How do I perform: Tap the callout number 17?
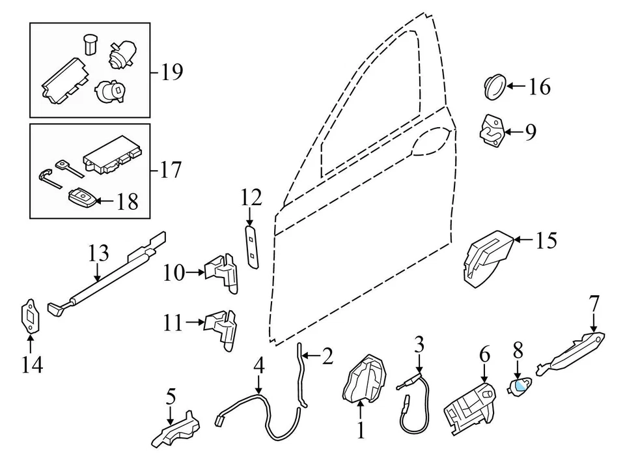click(x=171, y=171)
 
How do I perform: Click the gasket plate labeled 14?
click(x=29, y=317)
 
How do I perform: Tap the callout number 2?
click(x=327, y=356)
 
